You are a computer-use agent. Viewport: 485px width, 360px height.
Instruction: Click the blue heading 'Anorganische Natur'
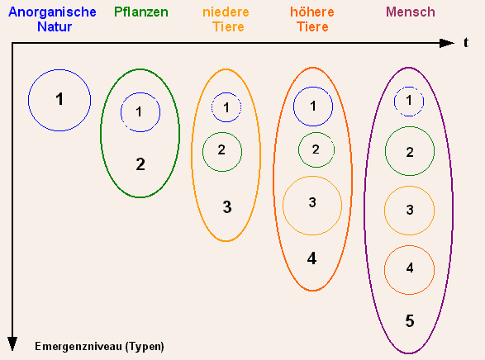point(52,19)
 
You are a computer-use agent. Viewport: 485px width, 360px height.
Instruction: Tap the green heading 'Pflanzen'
point(141,12)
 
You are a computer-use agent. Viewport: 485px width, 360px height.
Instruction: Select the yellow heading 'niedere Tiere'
point(226,19)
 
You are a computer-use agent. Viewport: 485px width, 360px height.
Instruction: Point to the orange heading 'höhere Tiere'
point(312,19)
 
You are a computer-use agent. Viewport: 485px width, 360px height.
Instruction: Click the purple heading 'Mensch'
point(411,12)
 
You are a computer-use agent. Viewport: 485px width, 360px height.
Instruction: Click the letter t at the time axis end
point(466,43)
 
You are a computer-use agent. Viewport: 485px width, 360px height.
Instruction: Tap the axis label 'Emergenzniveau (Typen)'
point(99,347)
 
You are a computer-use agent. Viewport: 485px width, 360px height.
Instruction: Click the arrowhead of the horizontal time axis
point(447,43)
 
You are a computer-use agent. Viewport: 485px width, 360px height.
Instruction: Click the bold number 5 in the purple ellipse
point(410,320)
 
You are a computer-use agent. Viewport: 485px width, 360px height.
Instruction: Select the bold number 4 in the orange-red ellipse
point(311,258)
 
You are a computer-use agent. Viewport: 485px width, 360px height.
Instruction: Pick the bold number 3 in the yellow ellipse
point(227,207)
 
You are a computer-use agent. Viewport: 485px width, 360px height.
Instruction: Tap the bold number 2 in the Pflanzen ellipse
point(140,164)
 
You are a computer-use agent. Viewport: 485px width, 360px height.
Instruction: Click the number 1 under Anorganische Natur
point(59,99)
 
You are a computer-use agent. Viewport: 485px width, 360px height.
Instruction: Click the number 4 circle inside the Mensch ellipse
point(384,270)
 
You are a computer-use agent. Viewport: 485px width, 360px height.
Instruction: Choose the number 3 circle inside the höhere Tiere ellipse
point(283,206)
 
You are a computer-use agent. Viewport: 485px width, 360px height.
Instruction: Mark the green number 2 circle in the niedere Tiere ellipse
point(203,152)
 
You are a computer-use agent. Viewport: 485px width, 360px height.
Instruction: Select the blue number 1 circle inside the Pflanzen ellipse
point(121,112)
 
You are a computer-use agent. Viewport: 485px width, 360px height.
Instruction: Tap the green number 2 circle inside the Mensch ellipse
point(385,151)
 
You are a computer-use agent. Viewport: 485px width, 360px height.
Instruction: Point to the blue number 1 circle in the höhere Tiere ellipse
point(293,107)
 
